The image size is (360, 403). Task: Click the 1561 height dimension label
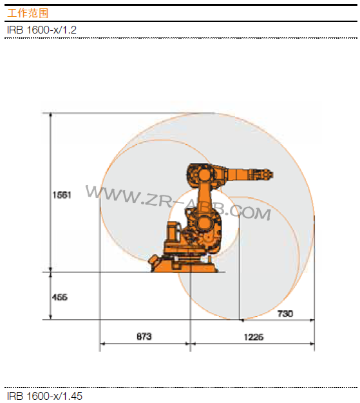coord(62,194)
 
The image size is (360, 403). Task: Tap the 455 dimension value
coord(59,297)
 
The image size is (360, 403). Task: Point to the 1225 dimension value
coord(252,337)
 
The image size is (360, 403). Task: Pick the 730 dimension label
coord(285,313)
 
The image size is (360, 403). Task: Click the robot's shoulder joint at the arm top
coord(199,173)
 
